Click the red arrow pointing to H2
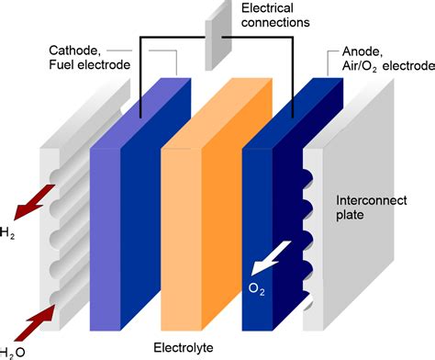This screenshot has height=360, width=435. point(34,202)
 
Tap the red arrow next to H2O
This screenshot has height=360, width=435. point(34,322)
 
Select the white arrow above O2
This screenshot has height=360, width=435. point(271,258)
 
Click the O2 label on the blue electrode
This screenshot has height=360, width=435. point(256,288)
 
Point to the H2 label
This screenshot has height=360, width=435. point(6,233)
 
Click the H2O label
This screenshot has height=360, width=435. point(12,353)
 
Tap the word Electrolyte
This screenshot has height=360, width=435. point(184,348)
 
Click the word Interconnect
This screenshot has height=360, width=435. point(372,200)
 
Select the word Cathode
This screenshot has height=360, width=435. point(75,51)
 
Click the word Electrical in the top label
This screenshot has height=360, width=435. point(267,8)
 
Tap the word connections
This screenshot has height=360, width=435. point(275,23)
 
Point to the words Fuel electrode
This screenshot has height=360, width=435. point(90,65)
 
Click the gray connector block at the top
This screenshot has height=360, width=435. point(217,37)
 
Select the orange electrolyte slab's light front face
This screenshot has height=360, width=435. point(181,240)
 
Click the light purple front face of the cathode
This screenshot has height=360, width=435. point(105,240)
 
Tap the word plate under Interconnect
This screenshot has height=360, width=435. point(350,215)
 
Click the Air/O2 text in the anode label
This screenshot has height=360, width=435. point(360,67)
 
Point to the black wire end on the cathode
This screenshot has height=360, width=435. point(140,118)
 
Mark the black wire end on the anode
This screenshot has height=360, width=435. point(293,118)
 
